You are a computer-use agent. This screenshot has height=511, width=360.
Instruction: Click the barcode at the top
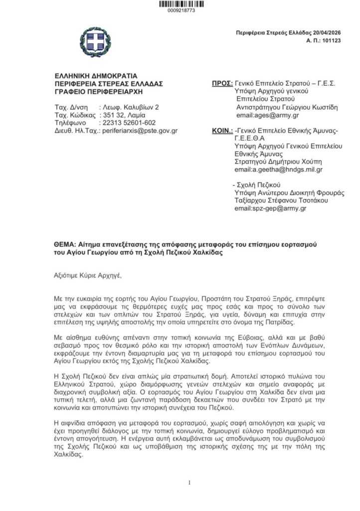[181, 4]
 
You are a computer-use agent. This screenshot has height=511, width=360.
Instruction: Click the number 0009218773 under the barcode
[181, 10]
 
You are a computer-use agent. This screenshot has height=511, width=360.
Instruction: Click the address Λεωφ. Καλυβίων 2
[130, 107]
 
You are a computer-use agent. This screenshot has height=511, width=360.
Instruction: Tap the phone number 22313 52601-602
[128, 123]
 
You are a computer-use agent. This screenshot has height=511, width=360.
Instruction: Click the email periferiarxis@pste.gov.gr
[140, 131]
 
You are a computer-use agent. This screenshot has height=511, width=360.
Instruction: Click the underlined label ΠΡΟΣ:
[222, 83]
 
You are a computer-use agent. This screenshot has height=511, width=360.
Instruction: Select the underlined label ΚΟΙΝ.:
[222, 131]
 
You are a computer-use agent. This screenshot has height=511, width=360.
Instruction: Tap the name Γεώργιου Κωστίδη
[309, 107]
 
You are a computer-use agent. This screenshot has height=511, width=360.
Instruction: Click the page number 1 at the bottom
[189, 482]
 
